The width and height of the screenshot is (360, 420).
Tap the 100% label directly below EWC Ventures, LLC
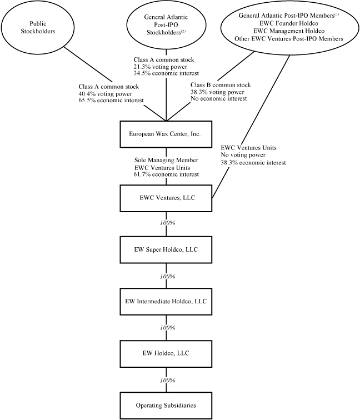tap(167, 223)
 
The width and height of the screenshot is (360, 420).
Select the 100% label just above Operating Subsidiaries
tap(167, 380)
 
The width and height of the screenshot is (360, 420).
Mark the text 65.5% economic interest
tap(112, 100)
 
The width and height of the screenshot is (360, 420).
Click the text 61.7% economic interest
tap(165, 174)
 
